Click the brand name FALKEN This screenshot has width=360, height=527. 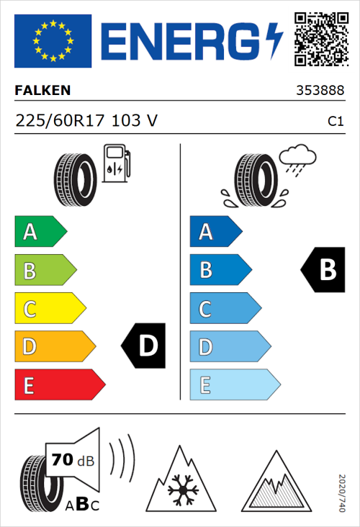[x=42, y=91]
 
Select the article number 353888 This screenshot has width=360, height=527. [x=320, y=91]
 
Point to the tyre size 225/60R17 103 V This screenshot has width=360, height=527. [x=86, y=121]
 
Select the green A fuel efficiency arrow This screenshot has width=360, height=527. [x=40, y=232]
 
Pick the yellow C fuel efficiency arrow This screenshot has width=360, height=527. [x=49, y=309]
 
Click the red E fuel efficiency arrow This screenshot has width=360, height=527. [x=59, y=385]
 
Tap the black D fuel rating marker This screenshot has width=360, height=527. [x=143, y=347]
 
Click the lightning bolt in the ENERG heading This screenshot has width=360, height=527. [x=274, y=40]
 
